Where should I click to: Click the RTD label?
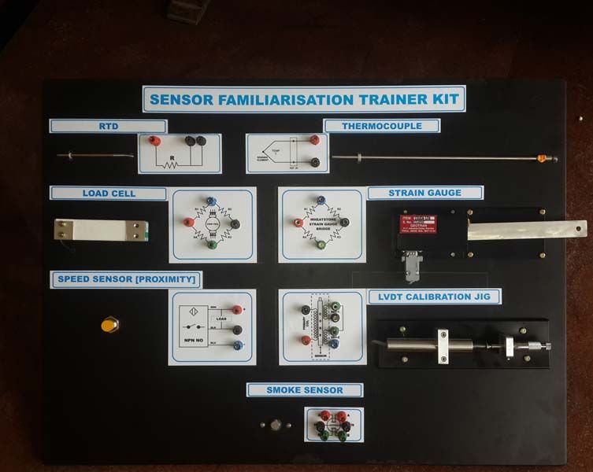[108, 126]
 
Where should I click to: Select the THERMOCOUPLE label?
[381, 126]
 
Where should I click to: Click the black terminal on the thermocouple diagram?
[315, 162]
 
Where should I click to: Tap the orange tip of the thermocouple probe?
[540, 159]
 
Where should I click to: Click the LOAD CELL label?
[109, 193]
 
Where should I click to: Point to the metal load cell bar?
[102, 230]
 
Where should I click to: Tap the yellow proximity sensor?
[109, 324]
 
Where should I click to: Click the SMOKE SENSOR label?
[304, 390]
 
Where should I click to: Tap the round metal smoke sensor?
[276, 425]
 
